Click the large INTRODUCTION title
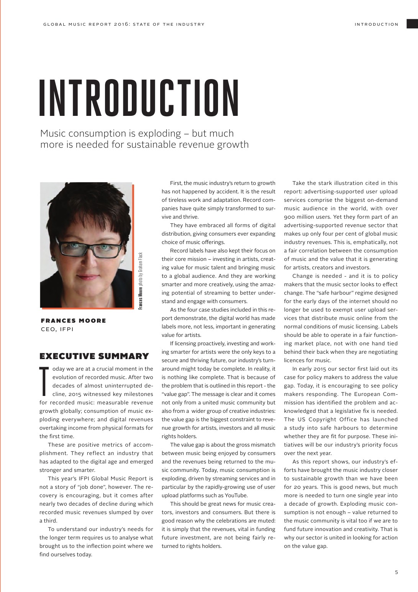tap(139, 98)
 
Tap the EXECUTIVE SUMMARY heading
tap(94, 356)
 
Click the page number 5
tap(397, 572)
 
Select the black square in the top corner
tap(412, 24)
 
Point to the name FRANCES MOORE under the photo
tap(73, 320)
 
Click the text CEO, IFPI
tap(57, 329)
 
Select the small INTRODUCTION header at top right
tap(376, 24)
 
